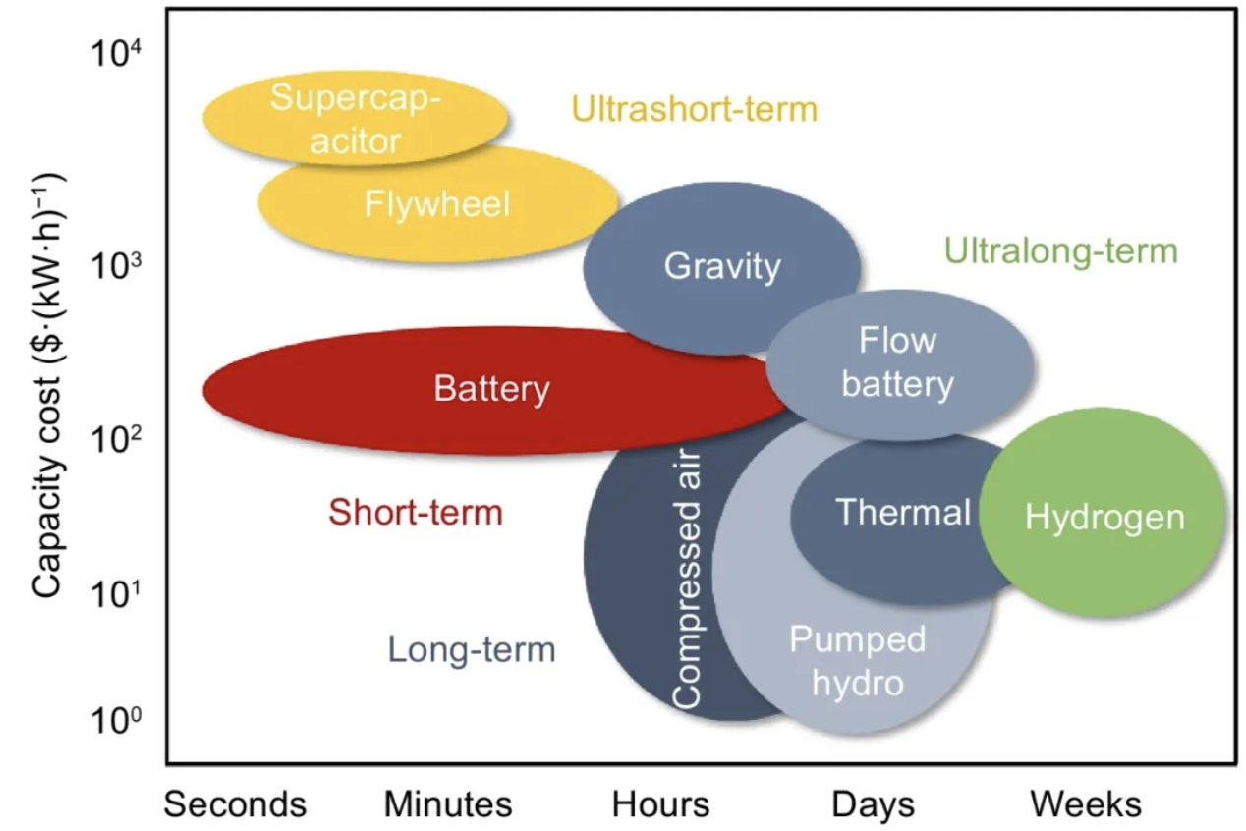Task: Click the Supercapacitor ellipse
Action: tap(355, 119)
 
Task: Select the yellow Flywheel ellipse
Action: tap(437, 204)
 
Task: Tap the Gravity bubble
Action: tap(722, 266)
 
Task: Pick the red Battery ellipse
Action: tap(491, 390)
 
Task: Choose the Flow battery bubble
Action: tap(898, 363)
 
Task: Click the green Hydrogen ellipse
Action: tap(1104, 517)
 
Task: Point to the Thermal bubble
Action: tap(902, 512)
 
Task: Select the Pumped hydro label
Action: tap(857, 660)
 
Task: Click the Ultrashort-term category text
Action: tap(694, 109)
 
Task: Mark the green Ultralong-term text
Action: tap(1060, 251)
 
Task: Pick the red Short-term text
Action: tap(416, 512)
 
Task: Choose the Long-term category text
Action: tap(472, 649)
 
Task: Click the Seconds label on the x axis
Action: tap(235, 804)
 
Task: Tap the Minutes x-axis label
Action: tap(448, 804)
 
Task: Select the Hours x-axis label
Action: tap(660, 804)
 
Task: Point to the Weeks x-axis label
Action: tap(1086, 804)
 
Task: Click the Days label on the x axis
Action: tap(873, 804)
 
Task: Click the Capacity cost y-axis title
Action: tap(48, 385)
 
